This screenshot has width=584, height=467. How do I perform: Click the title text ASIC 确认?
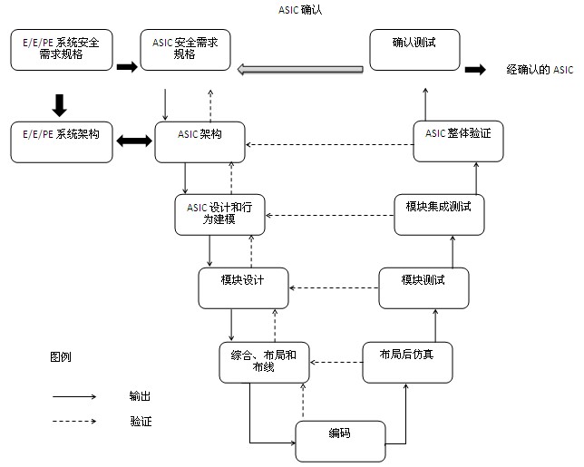[300, 10]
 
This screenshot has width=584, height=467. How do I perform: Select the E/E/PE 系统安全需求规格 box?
[61, 50]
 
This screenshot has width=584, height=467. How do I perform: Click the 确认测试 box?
[414, 50]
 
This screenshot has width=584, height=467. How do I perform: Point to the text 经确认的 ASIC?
[539, 69]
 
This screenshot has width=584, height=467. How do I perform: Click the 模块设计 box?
[242, 287]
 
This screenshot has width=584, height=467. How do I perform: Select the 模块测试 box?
[423, 287]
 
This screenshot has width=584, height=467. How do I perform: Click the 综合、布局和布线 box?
[264, 360]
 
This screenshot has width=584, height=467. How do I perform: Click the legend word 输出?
[140, 396]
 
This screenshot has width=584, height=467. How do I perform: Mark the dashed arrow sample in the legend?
[74, 421]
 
